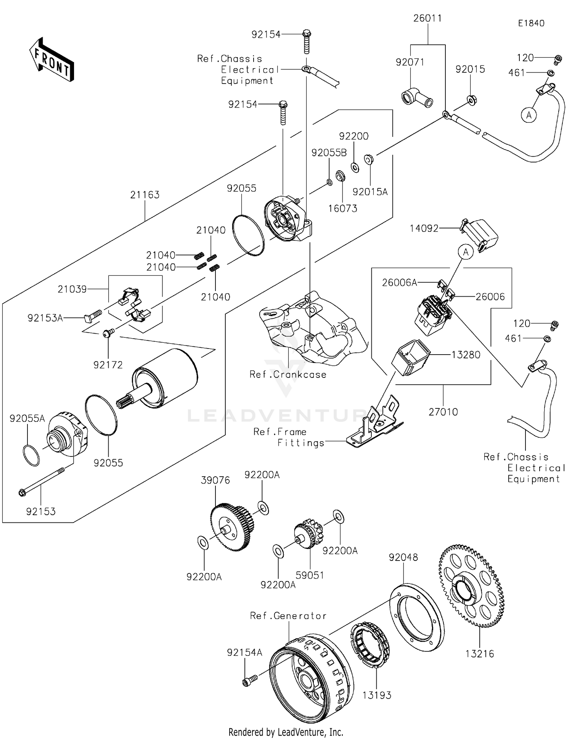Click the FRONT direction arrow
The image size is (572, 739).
tap(51, 60)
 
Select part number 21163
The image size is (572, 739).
tap(145, 195)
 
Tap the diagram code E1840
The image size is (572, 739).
tap(531, 23)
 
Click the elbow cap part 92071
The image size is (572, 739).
tap(416, 98)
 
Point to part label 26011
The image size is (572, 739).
tap(427, 18)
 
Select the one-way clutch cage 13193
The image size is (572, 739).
tap(370, 644)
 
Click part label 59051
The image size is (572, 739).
tap(310, 575)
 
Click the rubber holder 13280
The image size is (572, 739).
tap(411, 357)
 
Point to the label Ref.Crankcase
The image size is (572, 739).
tap(288, 374)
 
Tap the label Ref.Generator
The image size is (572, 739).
tap(288, 615)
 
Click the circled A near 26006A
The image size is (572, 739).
tap(465, 252)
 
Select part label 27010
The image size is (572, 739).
tap(443, 412)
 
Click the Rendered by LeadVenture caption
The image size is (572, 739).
tap(286, 732)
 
